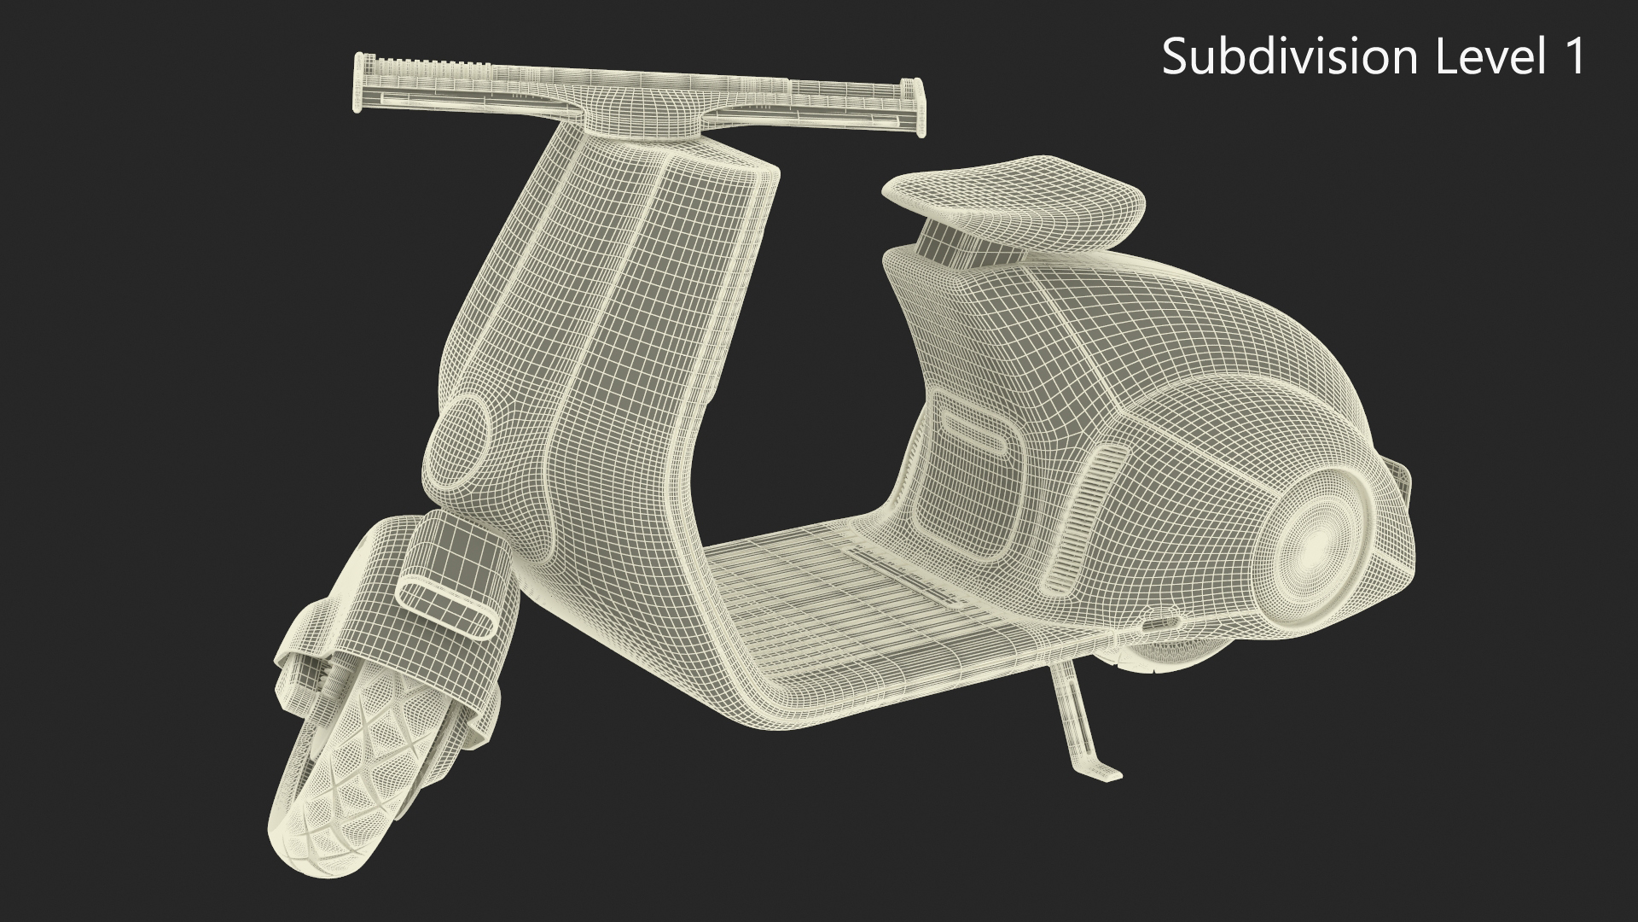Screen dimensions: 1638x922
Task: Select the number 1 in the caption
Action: [1571, 56]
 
